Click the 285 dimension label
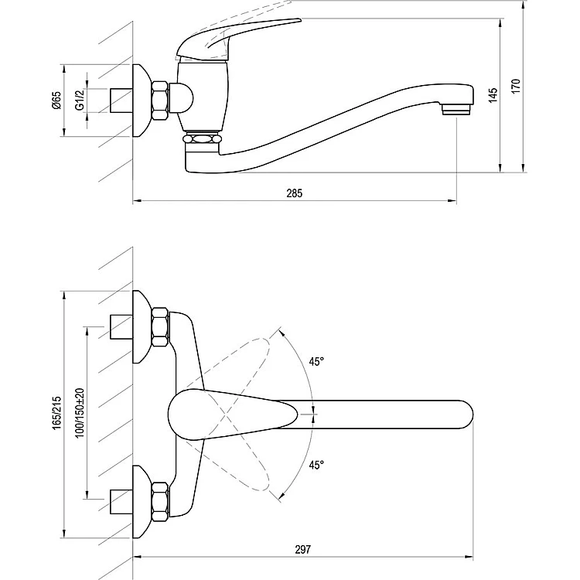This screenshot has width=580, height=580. coord(294,193)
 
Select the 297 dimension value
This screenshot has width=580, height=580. coord(302,550)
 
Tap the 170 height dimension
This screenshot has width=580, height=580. coord(516,86)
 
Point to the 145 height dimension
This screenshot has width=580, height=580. coord(493,95)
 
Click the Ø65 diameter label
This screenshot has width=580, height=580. coord(56,101)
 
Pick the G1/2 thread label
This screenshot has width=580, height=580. coord(80,101)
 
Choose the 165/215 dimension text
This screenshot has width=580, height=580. coord(56,413)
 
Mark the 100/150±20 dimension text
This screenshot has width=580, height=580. coord(80,413)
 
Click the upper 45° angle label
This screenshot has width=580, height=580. coord(316,361)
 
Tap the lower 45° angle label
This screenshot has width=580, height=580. coord(316,465)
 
